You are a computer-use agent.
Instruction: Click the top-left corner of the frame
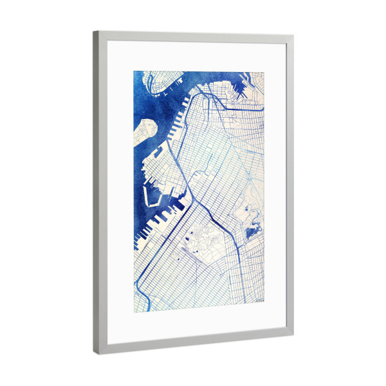point(94,32)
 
